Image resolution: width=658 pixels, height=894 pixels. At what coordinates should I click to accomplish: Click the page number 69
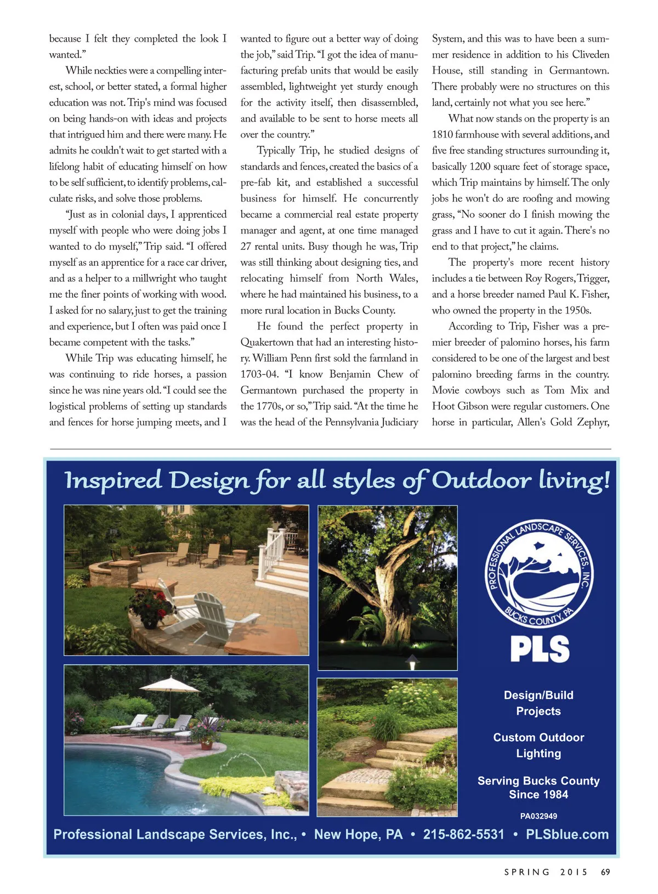pos(605,872)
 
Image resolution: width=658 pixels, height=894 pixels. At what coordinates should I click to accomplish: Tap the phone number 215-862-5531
pos(463,834)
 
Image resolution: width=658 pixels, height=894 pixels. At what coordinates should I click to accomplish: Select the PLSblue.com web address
pos(567,834)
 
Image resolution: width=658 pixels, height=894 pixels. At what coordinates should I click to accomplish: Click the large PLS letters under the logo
pos(540,650)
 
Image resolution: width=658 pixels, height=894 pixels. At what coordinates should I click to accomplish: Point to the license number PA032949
pos(538,816)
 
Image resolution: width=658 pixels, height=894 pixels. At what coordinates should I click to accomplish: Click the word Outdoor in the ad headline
pos(481,480)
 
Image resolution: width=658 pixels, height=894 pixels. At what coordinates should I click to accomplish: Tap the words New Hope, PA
pos(358,834)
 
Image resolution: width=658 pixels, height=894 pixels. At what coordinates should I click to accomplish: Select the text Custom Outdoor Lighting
pos(538,745)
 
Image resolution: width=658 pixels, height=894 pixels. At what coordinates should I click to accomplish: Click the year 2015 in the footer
pos(574,872)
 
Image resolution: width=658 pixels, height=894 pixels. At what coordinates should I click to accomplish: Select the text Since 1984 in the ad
pos(538,795)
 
